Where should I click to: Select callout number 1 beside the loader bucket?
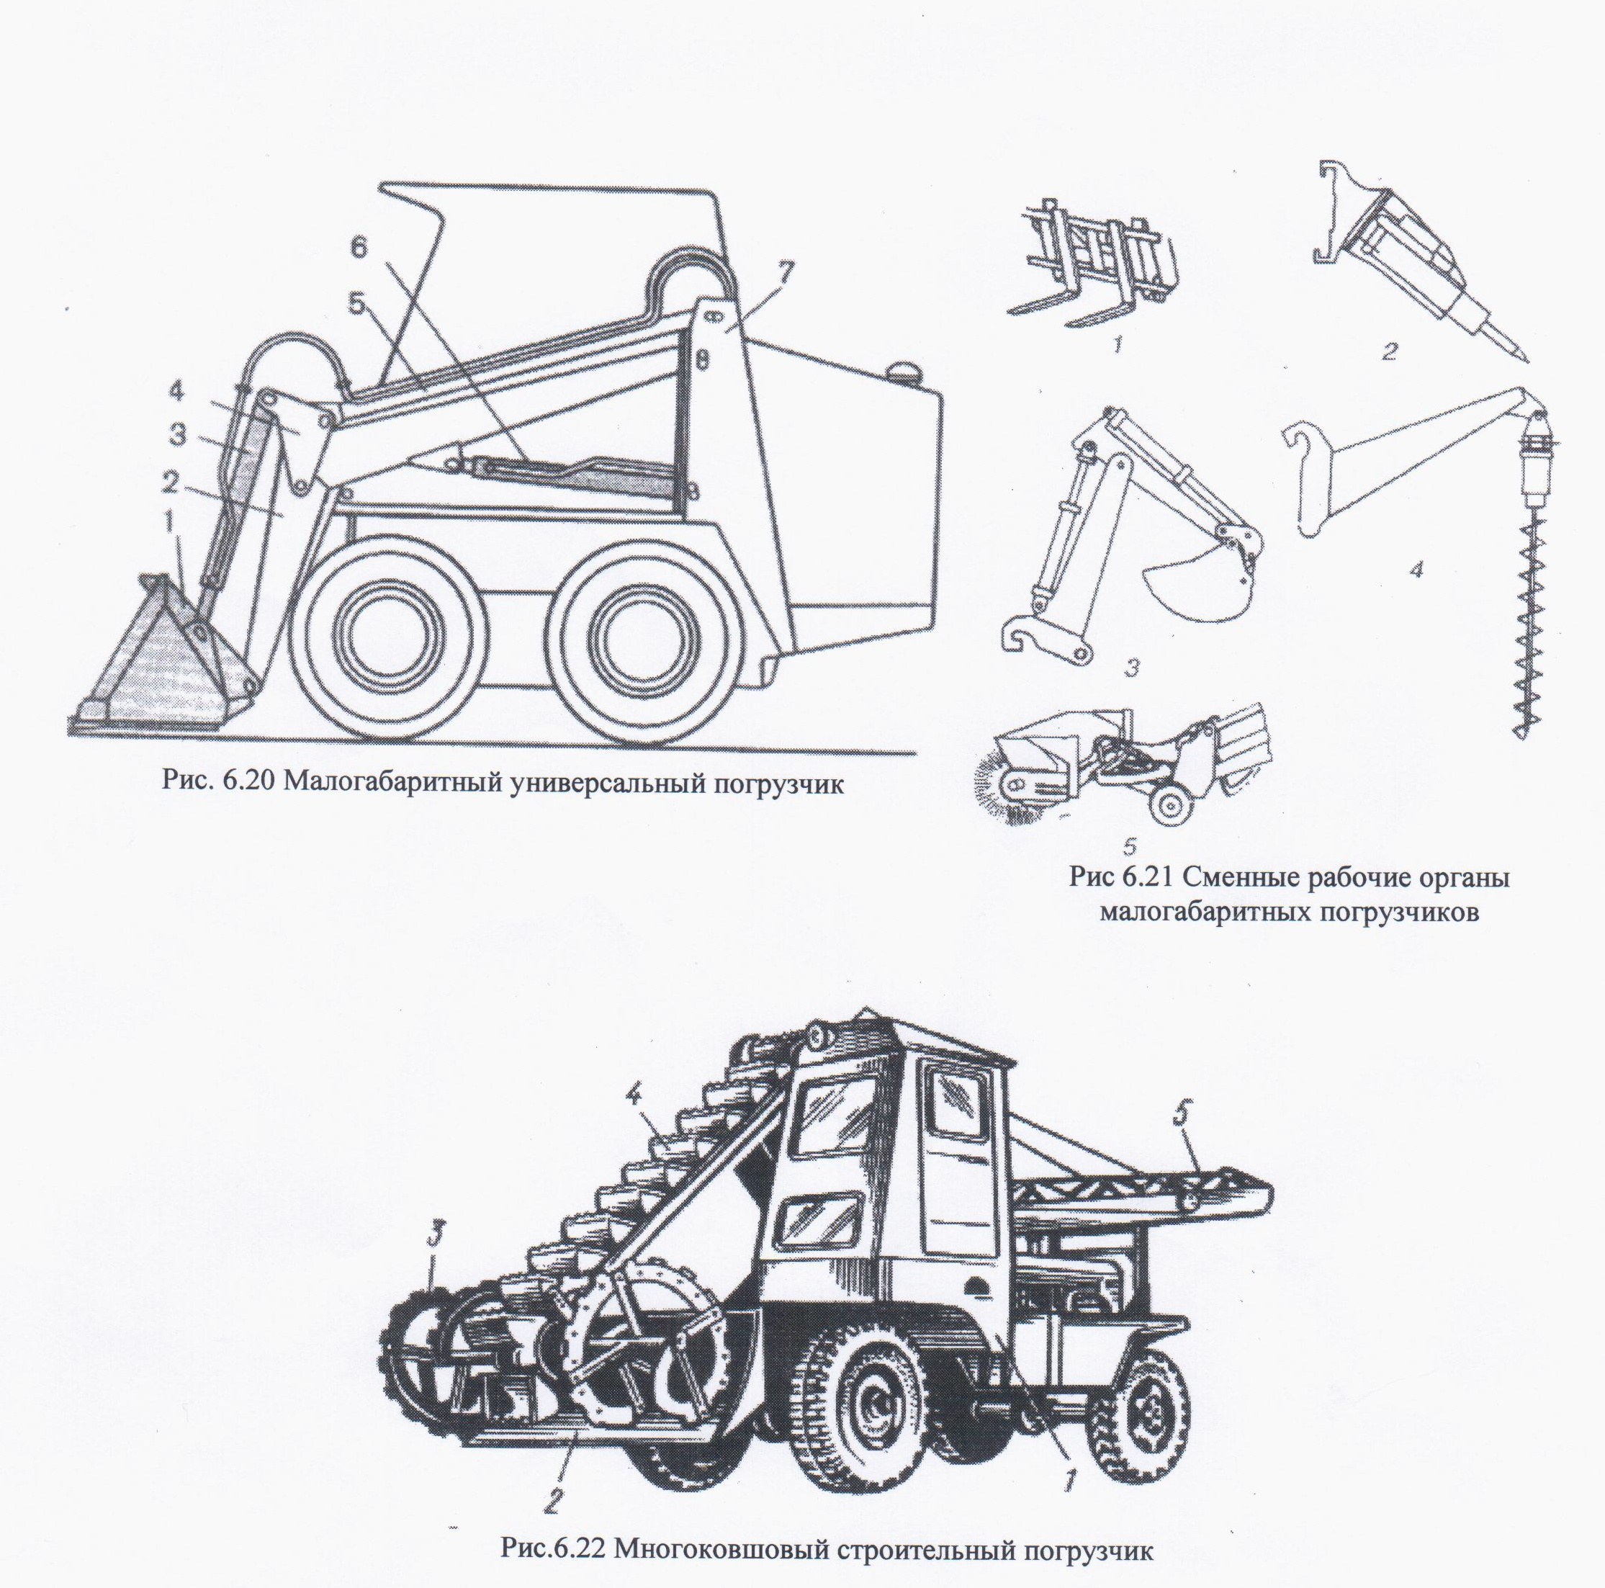click(168, 523)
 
